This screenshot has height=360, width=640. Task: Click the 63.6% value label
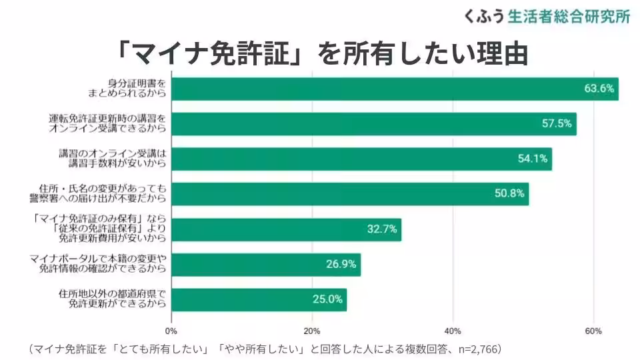coord(598,89)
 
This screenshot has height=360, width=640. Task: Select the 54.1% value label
coord(532,159)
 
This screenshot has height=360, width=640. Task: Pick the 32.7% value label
coord(382,229)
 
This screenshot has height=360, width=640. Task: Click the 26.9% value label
coord(341,264)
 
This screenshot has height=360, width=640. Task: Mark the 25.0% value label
coord(327,299)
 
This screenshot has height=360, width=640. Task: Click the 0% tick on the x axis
coord(171,331)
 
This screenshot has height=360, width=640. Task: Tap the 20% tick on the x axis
coord(312,331)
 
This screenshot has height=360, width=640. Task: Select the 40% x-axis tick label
coord(453,331)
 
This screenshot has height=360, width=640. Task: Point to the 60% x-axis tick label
coord(593,331)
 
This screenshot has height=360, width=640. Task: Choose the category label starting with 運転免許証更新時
coord(107,124)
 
